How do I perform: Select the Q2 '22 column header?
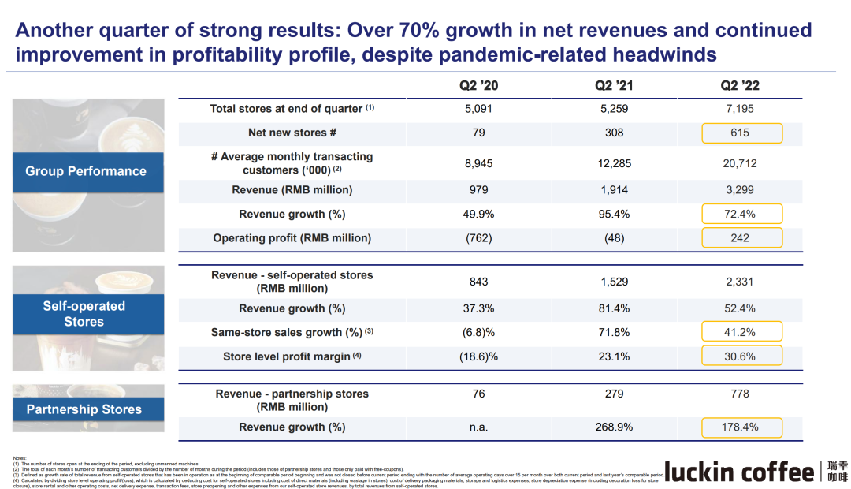tap(741, 86)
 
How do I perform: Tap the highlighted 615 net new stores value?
tap(741, 133)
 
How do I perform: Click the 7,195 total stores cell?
tap(741, 109)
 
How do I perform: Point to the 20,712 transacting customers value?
tap(741, 163)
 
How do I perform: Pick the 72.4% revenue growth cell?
tap(741, 214)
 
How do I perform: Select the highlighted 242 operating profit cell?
tap(741, 237)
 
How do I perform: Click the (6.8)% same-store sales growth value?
tap(478, 332)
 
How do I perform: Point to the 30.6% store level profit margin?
tap(741, 356)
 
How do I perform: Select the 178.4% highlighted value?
tap(741, 427)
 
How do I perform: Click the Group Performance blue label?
tap(86, 171)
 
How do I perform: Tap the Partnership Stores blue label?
tap(84, 409)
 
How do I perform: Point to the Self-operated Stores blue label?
tap(84, 314)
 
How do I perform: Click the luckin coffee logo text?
tap(740, 472)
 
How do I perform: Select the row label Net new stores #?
tap(292, 133)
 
